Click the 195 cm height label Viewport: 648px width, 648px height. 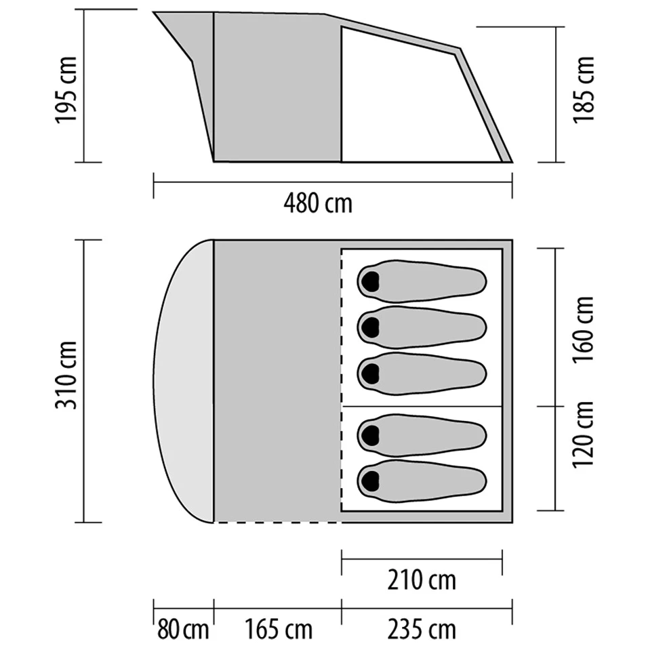[x=66, y=89]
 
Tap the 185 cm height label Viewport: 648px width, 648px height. [x=583, y=89]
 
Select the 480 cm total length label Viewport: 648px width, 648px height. [x=318, y=204]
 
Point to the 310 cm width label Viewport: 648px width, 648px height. [x=66, y=376]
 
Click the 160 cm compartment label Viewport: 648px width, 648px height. [x=583, y=329]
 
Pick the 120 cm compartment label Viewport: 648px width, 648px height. [x=583, y=434]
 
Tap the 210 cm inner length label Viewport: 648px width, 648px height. [x=422, y=580]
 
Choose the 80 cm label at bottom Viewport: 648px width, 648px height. [x=182, y=630]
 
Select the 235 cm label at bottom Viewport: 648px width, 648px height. [x=422, y=630]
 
